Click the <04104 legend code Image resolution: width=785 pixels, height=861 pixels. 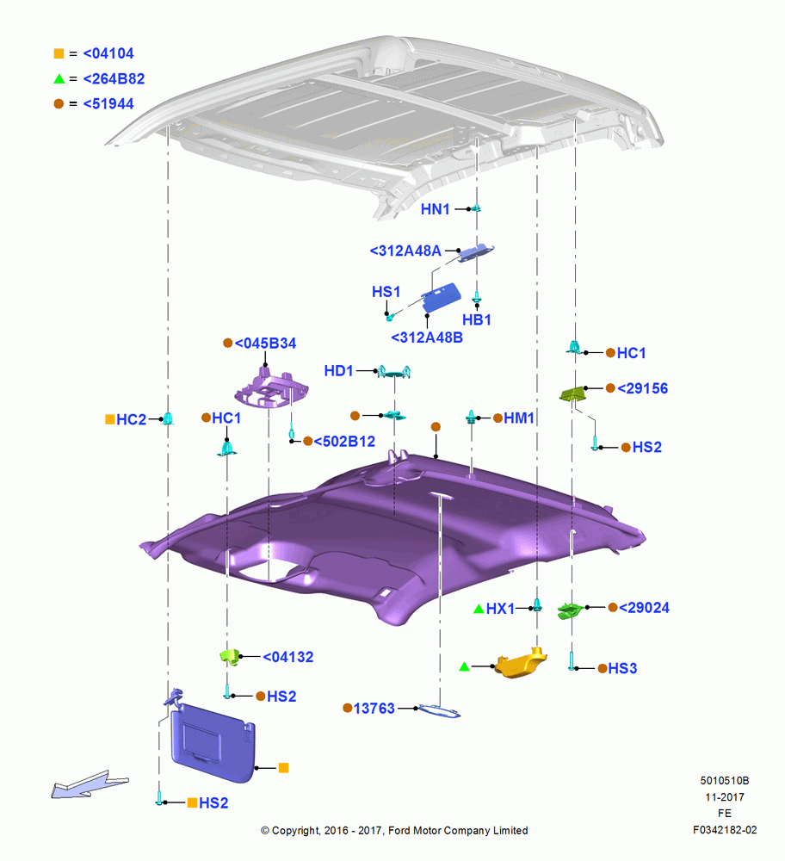click(x=108, y=53)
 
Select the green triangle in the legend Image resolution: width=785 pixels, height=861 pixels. click(x=59, y=79)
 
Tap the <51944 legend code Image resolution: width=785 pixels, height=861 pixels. click(x=108, y=104)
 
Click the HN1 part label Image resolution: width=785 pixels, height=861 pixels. click(x=435, y=209)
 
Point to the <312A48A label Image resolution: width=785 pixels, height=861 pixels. click(x=405, y=251)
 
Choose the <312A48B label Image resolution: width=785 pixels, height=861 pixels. click(x=427, y=338)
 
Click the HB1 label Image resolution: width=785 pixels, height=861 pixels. click(x=477, y=319)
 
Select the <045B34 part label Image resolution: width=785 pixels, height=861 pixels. click(x=265, y=344)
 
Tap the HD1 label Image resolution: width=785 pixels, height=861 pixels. click(x=338, y=370)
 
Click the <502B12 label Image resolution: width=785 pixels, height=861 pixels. click(x=344, y=441)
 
